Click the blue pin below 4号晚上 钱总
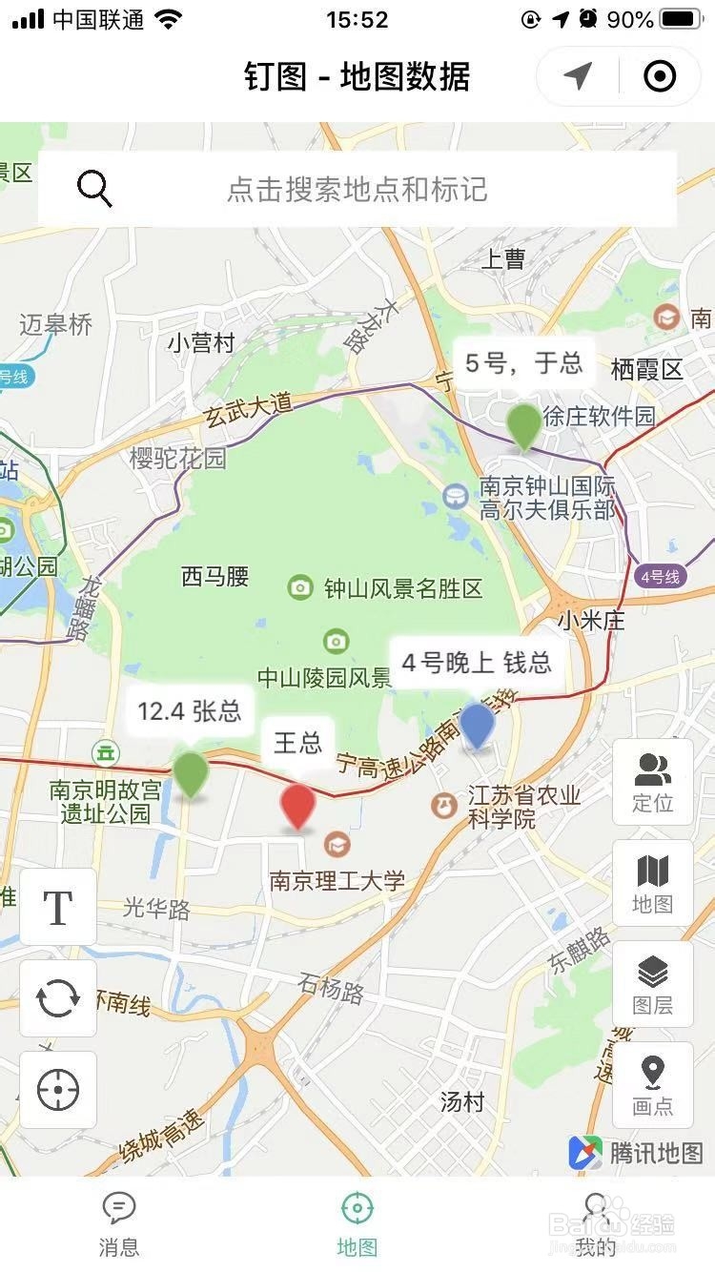tap(478, 726)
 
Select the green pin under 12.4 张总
tap(191, 773)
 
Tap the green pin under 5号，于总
tap(523, 425)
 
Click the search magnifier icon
tap(94, 189)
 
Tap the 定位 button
tap(653, 782)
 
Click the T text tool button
tap(58, 907)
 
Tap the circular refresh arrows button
tap(58, 998)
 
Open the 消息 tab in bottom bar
tap(119, 1223)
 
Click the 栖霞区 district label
tap(647, 369)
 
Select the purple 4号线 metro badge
tap(660, 576)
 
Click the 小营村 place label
tap(200, 342)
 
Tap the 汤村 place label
tap(462, 1102)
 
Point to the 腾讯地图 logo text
tap(656, 1153)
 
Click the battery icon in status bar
tap(681, 19)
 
